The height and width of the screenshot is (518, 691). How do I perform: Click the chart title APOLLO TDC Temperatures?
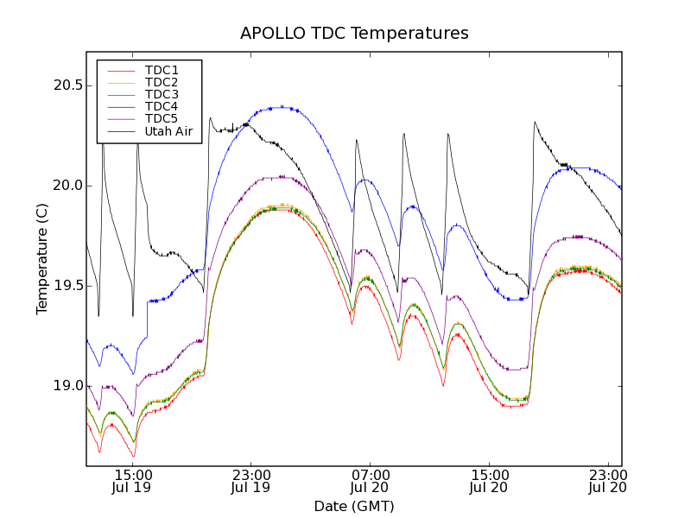[x=354, y=34]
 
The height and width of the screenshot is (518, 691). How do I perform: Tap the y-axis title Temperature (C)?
[x=41, y=259]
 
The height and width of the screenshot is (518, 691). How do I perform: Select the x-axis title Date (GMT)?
[x=354, y=506]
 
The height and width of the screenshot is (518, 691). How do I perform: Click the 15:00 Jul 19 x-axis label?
[x=132, y=481]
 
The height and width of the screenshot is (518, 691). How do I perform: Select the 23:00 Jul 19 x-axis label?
[x=251, y=481]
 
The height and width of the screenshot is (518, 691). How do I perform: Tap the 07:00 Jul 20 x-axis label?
[x=371, y=481]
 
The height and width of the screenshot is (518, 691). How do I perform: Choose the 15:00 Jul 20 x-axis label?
[x=490, y=481]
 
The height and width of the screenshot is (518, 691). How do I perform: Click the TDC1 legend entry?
[x=162, y=70]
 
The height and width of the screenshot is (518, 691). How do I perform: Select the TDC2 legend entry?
[x=162, y=82]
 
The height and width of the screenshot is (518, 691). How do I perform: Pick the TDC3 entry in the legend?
[x=162, y=94]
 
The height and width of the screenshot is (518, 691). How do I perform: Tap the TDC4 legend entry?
[x=162, y=106]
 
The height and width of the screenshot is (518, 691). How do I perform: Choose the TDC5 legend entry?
[x=162, y=118]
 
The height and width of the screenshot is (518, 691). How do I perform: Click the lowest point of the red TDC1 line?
[x=133, y=456]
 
